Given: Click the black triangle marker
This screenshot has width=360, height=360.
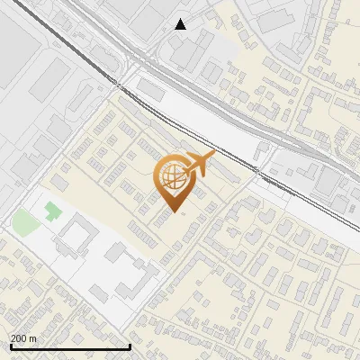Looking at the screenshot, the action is [181, 24].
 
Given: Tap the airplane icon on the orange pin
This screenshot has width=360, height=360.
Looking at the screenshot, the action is [199, 163].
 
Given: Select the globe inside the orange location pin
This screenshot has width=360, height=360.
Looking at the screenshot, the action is [173, 177].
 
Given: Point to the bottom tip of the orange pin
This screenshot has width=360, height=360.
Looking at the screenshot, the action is [175, 212].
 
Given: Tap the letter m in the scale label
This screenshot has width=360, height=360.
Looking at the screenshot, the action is [33, 338].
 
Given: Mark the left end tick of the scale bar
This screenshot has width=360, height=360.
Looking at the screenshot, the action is [10, 346].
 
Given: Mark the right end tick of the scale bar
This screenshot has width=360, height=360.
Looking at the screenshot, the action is [130, 346].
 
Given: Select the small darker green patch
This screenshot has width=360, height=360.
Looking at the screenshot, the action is [51, 211].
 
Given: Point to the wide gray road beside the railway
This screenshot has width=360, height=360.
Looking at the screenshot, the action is [225, 126].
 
